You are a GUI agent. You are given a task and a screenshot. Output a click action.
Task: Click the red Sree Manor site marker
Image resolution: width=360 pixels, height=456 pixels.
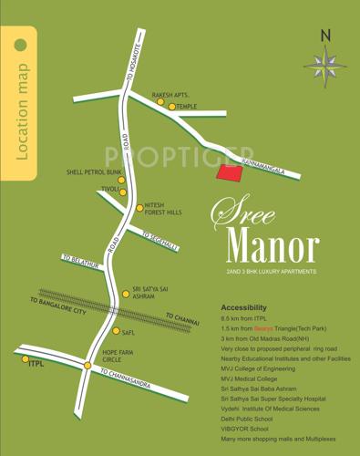[x=229, y=174]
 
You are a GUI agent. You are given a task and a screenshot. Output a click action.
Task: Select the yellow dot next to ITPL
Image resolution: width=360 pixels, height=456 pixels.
[x=26, y=359]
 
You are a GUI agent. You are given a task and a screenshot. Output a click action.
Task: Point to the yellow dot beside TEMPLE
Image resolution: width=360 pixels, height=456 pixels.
[x=171, y=107]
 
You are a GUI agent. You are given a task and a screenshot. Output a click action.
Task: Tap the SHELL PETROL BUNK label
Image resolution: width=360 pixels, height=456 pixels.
[x=94, y=171]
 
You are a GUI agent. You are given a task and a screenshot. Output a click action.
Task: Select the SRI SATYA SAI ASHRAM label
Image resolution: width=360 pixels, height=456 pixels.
[x=149, y=291]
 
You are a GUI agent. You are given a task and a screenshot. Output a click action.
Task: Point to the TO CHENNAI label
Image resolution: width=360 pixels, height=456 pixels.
[x=183, y=319]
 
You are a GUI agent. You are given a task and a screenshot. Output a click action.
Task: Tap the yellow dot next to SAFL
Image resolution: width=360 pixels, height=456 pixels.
[x=116, y=332]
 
